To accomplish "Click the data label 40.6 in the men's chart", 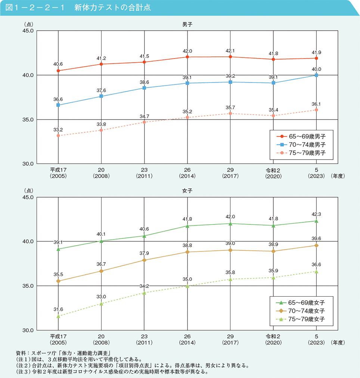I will (58, 64).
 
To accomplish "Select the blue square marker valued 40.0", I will (316, 75).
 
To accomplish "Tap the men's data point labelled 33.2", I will (58, 136).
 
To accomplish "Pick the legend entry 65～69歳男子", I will (301, 137).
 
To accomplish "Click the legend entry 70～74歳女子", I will (301, 311).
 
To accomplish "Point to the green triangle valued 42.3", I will (316, 221).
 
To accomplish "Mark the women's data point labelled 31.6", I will (58, 316).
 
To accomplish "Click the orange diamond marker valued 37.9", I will (144, 260).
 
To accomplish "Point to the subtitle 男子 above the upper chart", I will (187, 25).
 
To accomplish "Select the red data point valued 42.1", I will (230, 57).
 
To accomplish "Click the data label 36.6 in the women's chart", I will (316, 264).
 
